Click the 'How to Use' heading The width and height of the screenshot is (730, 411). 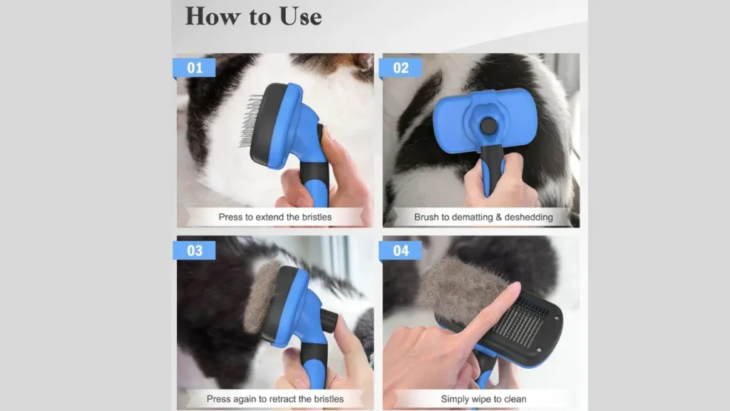253,16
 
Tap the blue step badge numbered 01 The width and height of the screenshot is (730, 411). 195,68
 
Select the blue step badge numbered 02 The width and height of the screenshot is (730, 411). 401,68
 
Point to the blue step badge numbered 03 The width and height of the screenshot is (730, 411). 195,250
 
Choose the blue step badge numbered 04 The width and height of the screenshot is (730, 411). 401,250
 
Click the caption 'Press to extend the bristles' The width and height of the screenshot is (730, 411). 274,217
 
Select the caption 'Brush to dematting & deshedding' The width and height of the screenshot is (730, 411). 483,217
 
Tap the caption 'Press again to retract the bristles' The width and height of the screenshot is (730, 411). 274,399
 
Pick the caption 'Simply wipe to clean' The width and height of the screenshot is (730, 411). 483,399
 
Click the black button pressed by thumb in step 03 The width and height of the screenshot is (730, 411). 329,319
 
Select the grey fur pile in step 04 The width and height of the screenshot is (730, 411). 456,289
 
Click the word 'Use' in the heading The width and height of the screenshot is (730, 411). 295,16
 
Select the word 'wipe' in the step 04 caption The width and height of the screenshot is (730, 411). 483,399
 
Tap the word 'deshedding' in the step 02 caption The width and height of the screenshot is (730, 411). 528,217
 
